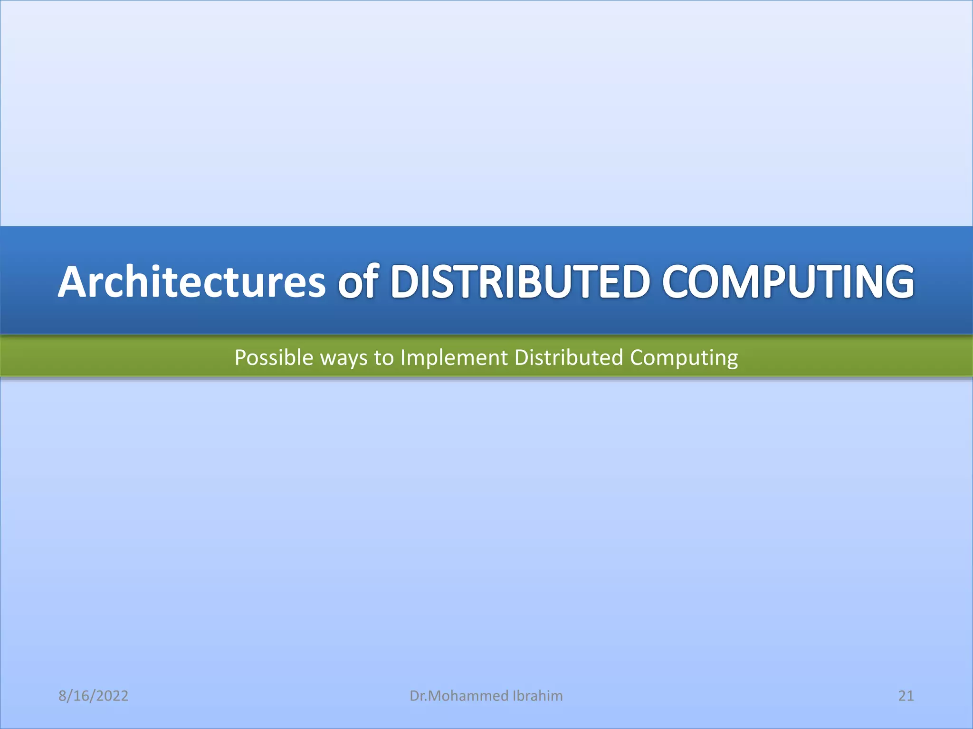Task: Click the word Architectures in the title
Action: click(191, 282)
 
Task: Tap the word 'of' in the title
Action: click(358, 282)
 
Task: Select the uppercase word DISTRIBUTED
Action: click(520, 282)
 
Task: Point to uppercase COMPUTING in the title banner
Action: click(788, 282)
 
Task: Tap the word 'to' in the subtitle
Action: click(384, 357)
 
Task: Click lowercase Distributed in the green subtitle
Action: click(568, 357)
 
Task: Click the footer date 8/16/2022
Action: click(93, 696)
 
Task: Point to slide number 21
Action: click(906, 696)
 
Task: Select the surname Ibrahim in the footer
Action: click(538, 696)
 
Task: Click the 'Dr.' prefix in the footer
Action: click(418, 696)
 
